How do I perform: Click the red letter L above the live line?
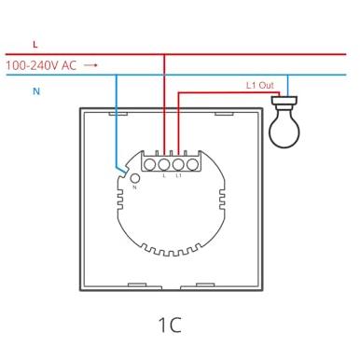click(x=35, y=44)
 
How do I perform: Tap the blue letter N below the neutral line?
click(x=36, y=91)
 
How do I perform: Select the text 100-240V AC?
click(x=41, y=65)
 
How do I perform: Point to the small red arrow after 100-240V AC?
click(x=91, y=65)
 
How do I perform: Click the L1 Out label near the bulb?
click(x=260, y=85)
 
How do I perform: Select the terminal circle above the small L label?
click(x=164, y=164)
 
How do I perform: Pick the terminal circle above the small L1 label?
click(x=178, y=164)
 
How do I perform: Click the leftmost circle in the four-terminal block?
click(x=150, y=164)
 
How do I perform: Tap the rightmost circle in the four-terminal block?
click(x=192, y=164)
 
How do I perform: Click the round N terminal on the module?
click(x=135, y=178)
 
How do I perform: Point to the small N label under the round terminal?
click(x=134, y=187)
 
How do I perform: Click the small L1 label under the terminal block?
click(x=178, y=175)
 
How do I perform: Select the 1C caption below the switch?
click(x=170, y=325)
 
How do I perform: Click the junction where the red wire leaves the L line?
click(x=164, y=54)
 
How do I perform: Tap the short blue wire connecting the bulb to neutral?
click(x=287, y=86)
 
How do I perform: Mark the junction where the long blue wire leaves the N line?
click(x=117, y=75)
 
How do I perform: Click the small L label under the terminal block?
click(x=164, y=175)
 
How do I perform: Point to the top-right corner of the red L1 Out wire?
click(x=279, y=92)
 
